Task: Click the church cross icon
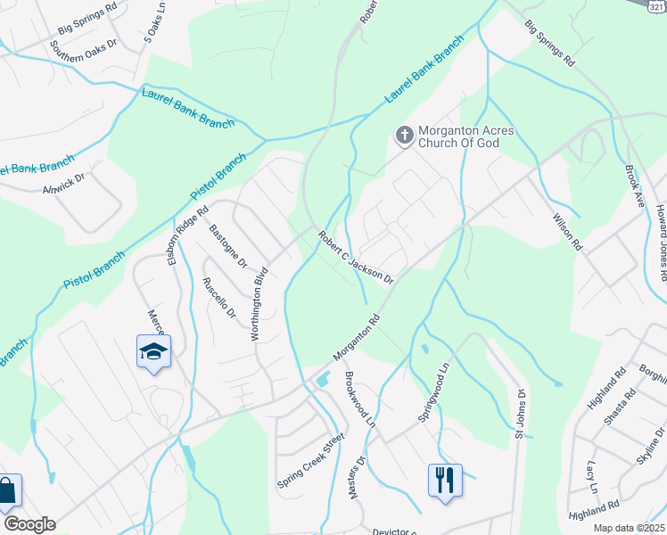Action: pyautogui.click(x=404, y=136)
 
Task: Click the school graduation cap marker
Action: pyautogui.click(x=153, y=352)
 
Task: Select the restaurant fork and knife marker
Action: pyautogui.click(x=443, y=481)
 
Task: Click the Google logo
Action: pyautogui.click(x=29, y=524)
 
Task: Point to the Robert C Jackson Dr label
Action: pyautogui.click(x=356, y=257)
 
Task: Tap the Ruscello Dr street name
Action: pyautogui.click(x=218, y=300)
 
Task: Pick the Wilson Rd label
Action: pyautogui.click(x=566, y=231)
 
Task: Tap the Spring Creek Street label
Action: pyautogui.click(x=310, y=462)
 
